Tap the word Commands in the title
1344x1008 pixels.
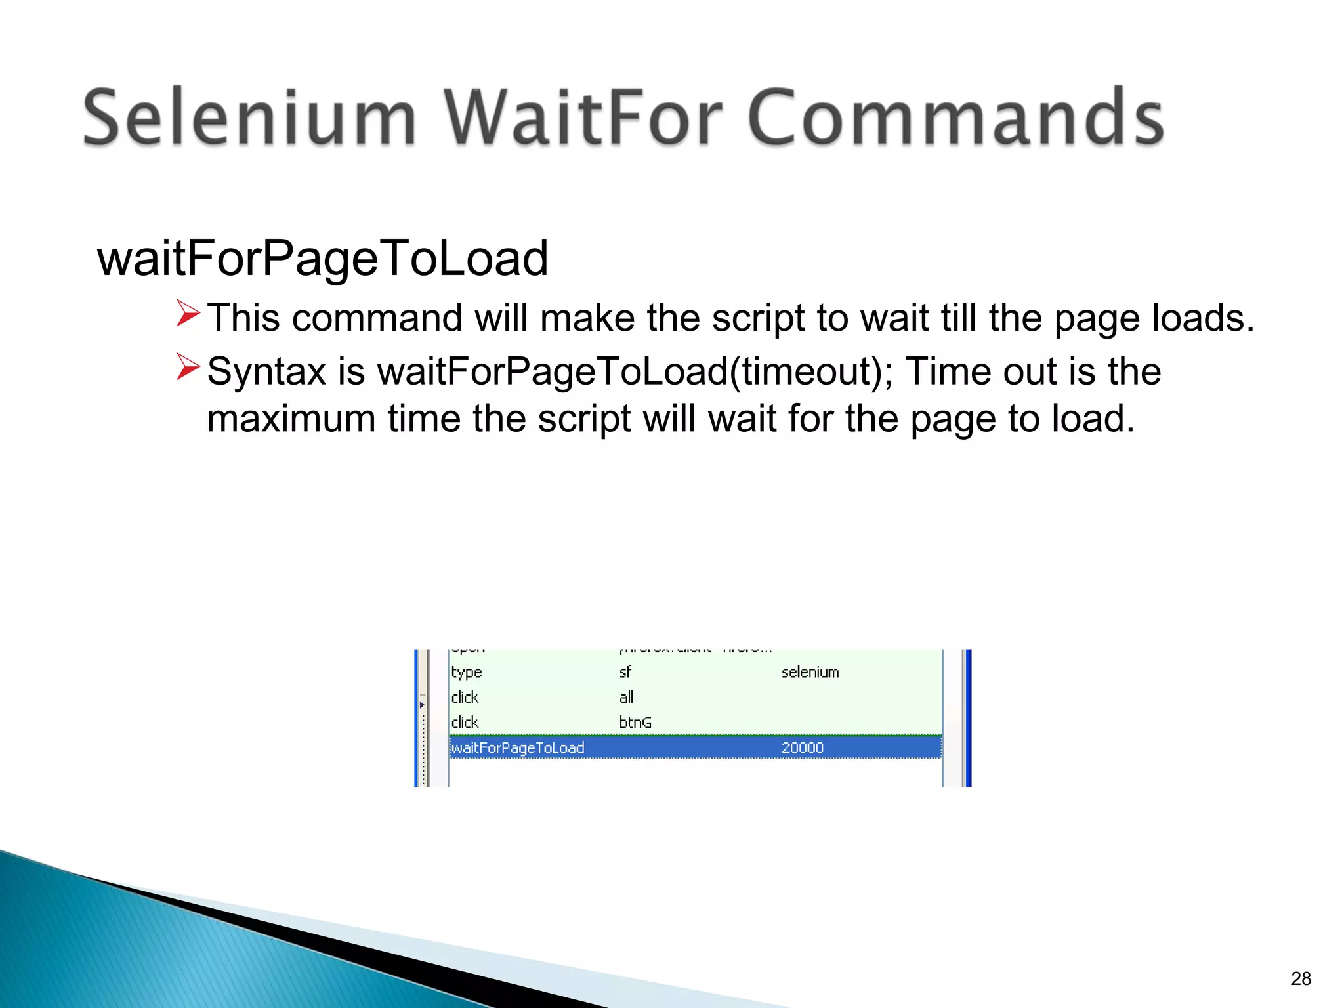tap(955, 118)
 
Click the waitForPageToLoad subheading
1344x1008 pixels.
tap(322, 259)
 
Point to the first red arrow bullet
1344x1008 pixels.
tap(188, 313)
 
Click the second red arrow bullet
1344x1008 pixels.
tap(188, 367)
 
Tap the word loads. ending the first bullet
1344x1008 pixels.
tap(1203, 318)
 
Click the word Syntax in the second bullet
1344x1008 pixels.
tap(266, 372)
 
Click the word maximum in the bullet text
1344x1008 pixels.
tap(291, 419)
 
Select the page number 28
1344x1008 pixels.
tap(1301, 978)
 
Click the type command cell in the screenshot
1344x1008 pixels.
tap(466, 672)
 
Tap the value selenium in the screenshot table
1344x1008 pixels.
tap(810, 672)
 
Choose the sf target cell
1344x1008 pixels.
tap(625, 672)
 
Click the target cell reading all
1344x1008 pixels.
tap(626, 697)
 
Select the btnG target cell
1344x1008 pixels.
tap(635, 723)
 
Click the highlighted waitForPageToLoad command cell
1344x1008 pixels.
tap(518, 747)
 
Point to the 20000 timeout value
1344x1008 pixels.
tap(802, 747)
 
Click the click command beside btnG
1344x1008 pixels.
tap(465, 723)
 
